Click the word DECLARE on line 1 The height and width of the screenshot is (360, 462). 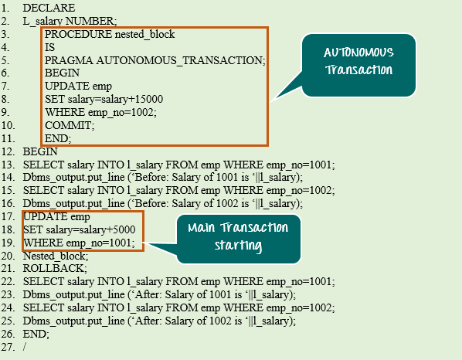point(49,8)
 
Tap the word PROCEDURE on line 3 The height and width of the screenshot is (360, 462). point(78,34)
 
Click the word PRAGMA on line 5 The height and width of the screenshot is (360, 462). point(69,60)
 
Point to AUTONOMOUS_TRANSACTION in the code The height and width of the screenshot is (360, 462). point(181,60)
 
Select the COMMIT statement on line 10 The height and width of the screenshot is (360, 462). point(70,125)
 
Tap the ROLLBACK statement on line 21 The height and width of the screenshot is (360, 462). point(55,268)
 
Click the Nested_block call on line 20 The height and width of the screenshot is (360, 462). point(56,256)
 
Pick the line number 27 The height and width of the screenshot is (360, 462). point(8,347)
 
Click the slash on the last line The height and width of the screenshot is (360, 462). point(25,347)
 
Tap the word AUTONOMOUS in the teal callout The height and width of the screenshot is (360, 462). point(358,53)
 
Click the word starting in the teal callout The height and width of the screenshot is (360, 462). point(239,246)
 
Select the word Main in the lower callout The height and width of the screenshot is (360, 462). point(201,228)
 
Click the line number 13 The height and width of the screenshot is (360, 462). point(8,165)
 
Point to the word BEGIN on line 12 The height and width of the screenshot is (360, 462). point(40,151)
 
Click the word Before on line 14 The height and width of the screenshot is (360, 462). point(151,178)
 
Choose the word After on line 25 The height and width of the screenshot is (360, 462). point(148,321)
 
